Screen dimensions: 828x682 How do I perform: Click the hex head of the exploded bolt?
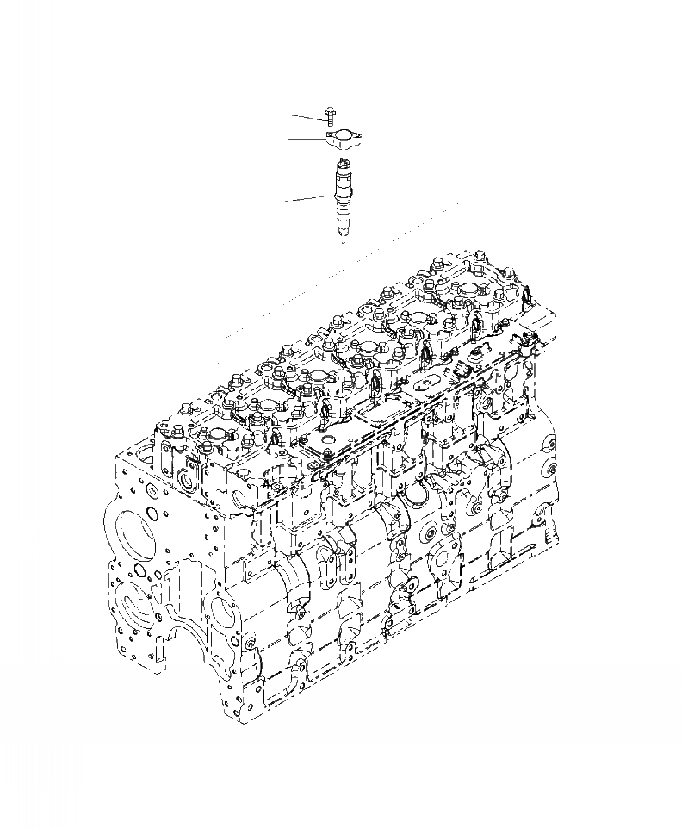tap(331, 110)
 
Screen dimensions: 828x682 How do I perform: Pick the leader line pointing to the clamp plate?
tap(305, 138)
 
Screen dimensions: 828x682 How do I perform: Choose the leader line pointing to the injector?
tap(307, 200)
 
